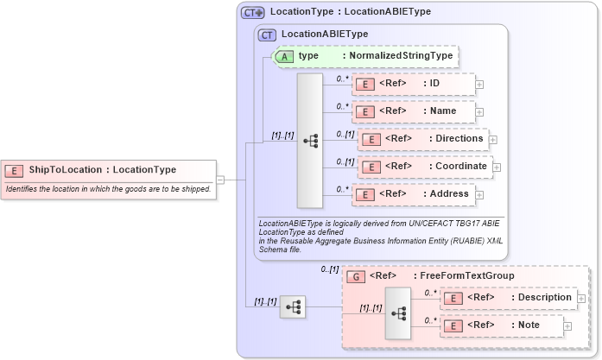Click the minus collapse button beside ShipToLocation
(x=220, y=180)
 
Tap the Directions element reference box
(x=423, y=139)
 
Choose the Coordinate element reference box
(x=423, y=167)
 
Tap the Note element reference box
(x=502, y=325)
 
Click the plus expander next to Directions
(x=493, y=140)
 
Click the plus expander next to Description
(x=581, y=299)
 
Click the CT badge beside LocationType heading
(x=253, y=13)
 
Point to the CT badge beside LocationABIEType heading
(x=267, y=35)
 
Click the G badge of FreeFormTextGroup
(x=354, y=276)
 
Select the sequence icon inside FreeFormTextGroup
(x=399, y=312)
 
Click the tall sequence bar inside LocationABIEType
(x=309, y=140)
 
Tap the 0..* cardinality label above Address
(x=343, y=188)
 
